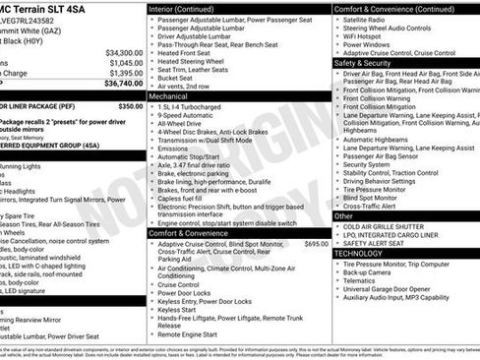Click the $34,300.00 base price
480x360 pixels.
tap(123, 52)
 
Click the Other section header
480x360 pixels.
tap(344, 215)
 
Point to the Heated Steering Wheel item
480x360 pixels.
tap(198, 61)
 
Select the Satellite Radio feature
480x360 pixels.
tap(369, 19)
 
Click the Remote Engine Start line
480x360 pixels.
tap(192, 334)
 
